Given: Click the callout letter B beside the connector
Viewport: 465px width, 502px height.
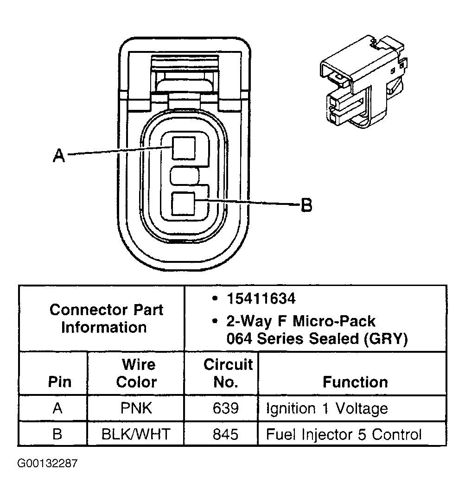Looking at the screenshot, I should tap(306, 204).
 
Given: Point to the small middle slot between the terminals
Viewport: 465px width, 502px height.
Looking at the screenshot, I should tap(185, 177).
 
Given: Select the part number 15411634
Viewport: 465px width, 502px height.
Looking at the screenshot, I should tap(261, 299).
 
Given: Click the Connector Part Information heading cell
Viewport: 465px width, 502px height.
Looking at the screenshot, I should tap(106, 318).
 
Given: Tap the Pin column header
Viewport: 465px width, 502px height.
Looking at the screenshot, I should tap(60, 382).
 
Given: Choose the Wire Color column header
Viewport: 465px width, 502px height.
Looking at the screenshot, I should tap(136, 373).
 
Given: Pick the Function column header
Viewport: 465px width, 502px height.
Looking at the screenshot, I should tap(355, 382).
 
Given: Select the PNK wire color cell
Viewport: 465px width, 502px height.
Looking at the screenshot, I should tap(136, 408).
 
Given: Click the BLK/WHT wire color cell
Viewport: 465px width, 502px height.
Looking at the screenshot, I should tap(136, 434).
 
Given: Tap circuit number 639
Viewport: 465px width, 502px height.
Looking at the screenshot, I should tap(225, 408).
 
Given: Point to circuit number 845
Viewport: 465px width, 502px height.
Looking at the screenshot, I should tap(225, 434).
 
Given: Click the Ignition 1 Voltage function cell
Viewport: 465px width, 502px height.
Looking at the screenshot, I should tap(326, 408).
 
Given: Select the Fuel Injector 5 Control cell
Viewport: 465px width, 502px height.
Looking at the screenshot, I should tap(344, 434).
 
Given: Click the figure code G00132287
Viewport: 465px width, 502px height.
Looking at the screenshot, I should tap(48, 464).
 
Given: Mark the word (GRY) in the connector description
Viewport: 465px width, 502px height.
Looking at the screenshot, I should tap(385, 339).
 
